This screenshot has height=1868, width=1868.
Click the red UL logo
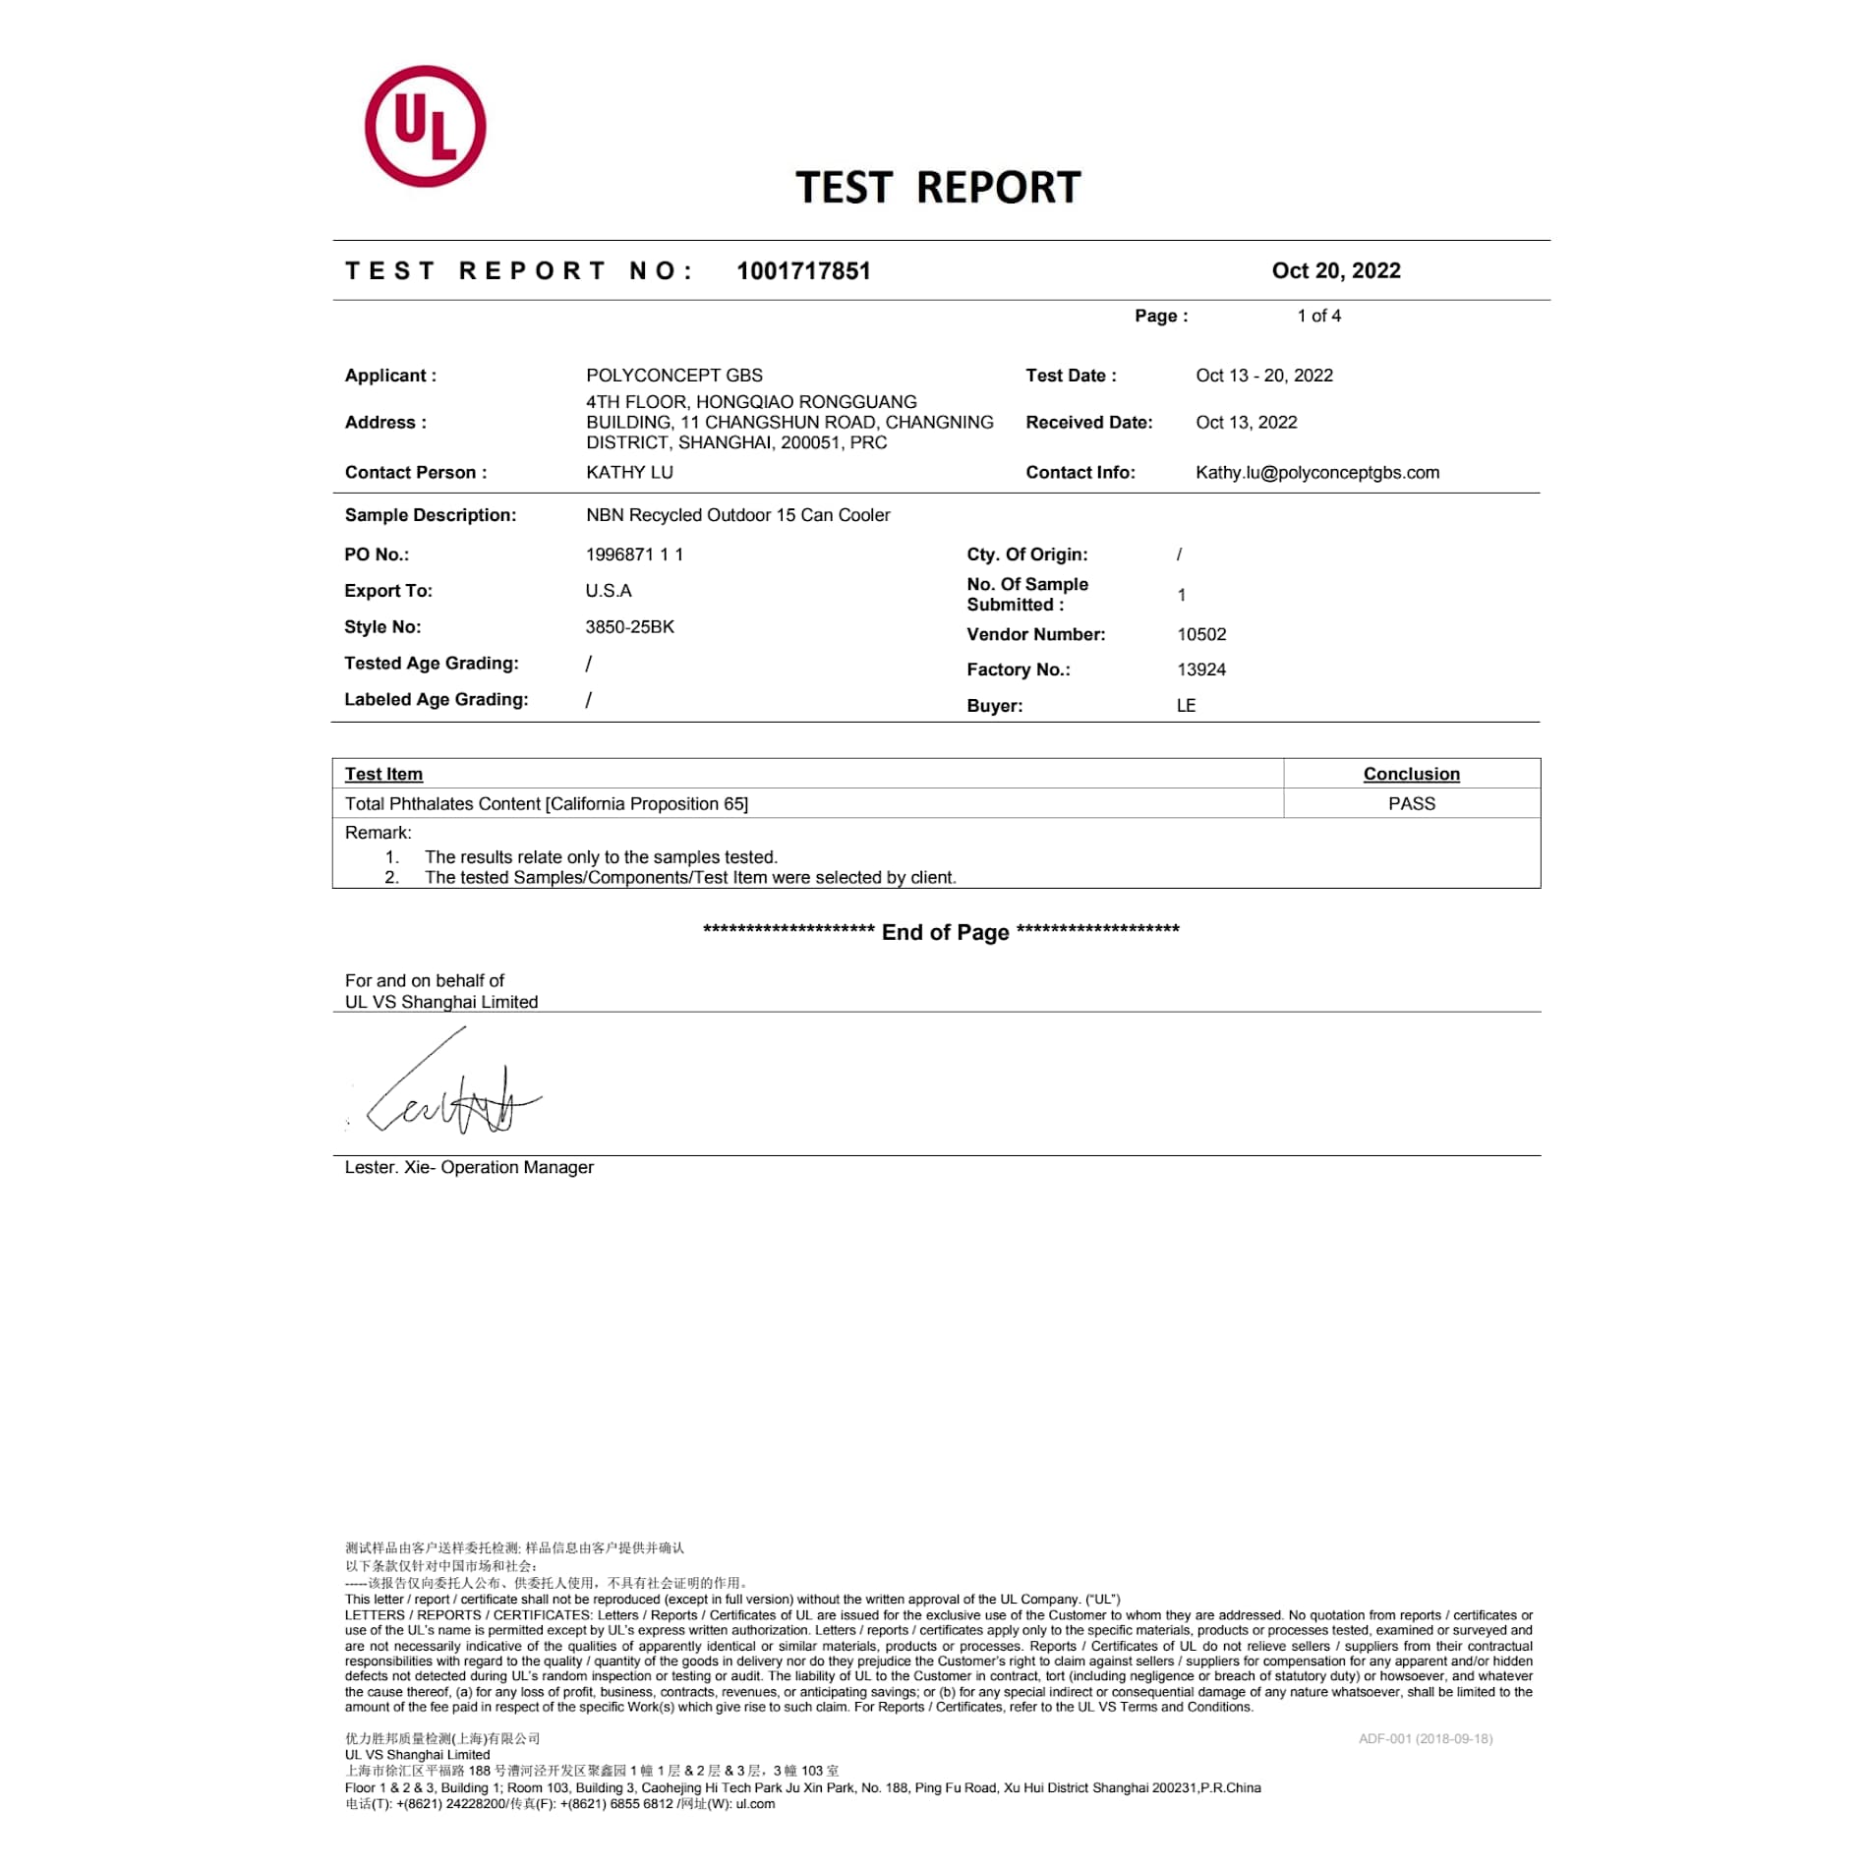point(425,127)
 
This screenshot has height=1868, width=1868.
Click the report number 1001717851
point(803,271)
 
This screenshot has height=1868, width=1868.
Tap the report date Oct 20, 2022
point(1335,271)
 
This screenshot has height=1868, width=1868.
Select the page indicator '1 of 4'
point(1318,316)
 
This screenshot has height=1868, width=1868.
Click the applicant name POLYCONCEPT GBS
point(673,376)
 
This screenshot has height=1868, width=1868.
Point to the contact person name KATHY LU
point(629,473)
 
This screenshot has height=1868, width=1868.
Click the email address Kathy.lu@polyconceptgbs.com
point(1316,473)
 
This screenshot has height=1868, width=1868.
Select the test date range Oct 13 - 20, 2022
point(1263,376)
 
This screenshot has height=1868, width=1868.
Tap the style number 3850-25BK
point(629,627)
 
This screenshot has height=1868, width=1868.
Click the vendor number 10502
point(1201,635)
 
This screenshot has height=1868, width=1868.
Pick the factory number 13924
point(1201,671)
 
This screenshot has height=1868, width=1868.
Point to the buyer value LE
point(1186,706)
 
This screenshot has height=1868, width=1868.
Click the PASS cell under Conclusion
point(1411,804)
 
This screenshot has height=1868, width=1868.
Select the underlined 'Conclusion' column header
point(1411,775)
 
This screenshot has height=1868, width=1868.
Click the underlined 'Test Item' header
point(383,775)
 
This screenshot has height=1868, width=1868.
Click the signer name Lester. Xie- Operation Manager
point(469,1168)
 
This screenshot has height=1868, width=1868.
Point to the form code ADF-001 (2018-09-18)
point(1425,1739)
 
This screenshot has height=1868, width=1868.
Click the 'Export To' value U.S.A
point(609,591)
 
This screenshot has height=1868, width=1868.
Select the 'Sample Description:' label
point(430,515)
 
